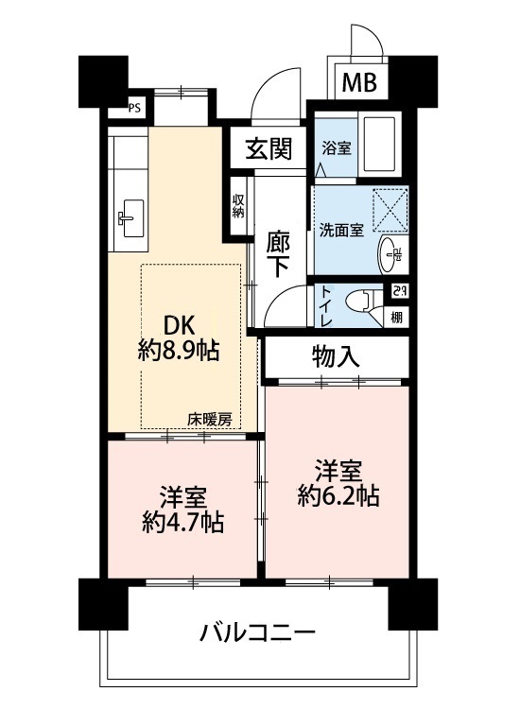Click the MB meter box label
[x=359, y=82]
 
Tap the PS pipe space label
[x=135, y=109]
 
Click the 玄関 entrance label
[x=269, y=148]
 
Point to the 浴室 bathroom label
[x=337, y=147]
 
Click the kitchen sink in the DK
[x=131, y=218]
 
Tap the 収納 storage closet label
[x=238, y=206]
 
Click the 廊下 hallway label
[x=278, y=254]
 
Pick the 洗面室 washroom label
[x=341, y=230]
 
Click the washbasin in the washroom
[x=391, y=253]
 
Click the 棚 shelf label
[x=396, y=318]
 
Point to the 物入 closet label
[x=336, y=356]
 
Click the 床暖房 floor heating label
[x=210, y=420]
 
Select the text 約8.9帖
[x=179, y=350]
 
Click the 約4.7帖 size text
[x=182, y=522]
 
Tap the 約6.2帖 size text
[x=338, y=495]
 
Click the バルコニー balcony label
[x=257, y=632]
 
